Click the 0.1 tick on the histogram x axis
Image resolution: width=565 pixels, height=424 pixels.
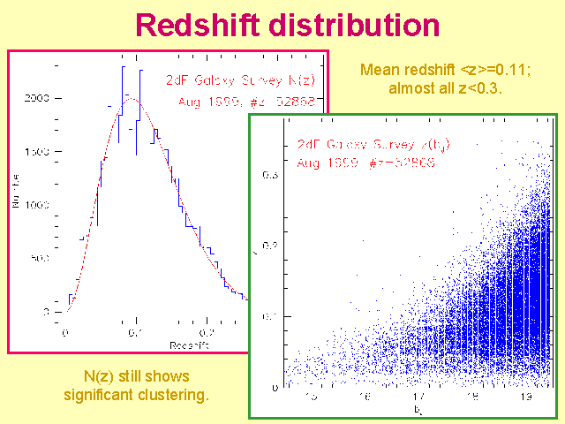[x=135, y=333]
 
